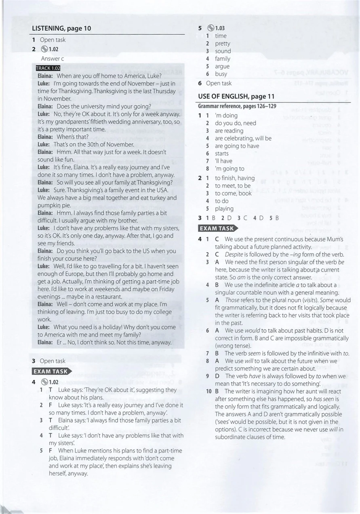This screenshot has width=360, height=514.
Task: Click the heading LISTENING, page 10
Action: tap(61, 28)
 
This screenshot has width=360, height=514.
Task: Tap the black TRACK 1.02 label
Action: tap(48, 68)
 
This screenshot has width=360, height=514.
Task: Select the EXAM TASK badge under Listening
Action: tap(51, 371)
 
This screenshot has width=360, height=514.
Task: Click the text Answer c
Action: tap(53, 59)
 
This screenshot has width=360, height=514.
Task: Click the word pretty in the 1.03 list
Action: tap(222, 44)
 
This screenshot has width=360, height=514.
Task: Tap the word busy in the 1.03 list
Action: tap(221, 74)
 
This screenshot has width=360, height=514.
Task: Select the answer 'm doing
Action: tap(226, 116)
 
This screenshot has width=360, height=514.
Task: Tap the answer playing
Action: tap(224, 209)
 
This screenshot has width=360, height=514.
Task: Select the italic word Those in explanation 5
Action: tap(232, 300)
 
